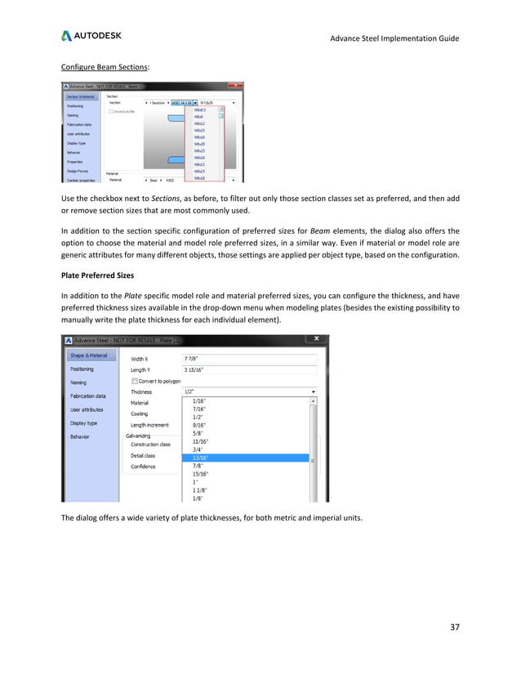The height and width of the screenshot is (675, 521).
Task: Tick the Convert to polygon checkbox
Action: click(x=134, y=380)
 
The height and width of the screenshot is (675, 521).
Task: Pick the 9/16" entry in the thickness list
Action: click(x=198, y=425)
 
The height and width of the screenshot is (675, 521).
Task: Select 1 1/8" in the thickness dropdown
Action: click(x=199, y=489)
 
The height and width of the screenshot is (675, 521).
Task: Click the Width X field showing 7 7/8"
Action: click(x=248, y=359)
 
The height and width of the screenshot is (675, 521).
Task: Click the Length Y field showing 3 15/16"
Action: click(x=248, y=369)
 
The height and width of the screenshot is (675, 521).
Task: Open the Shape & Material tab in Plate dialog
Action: click(x=87, y=355)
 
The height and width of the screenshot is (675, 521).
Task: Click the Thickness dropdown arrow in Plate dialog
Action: click(x=314, y=391)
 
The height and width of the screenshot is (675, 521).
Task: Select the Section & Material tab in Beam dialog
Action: click(x=83, y=96)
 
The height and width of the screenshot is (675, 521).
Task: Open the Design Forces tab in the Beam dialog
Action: click(x=79, y=170)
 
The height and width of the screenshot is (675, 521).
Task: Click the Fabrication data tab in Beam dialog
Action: click(x=82, y=123)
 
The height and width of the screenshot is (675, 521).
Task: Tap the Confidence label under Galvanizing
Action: click(x=145, y=466)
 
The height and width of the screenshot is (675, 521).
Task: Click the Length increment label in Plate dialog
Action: click(x=150, y=425)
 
